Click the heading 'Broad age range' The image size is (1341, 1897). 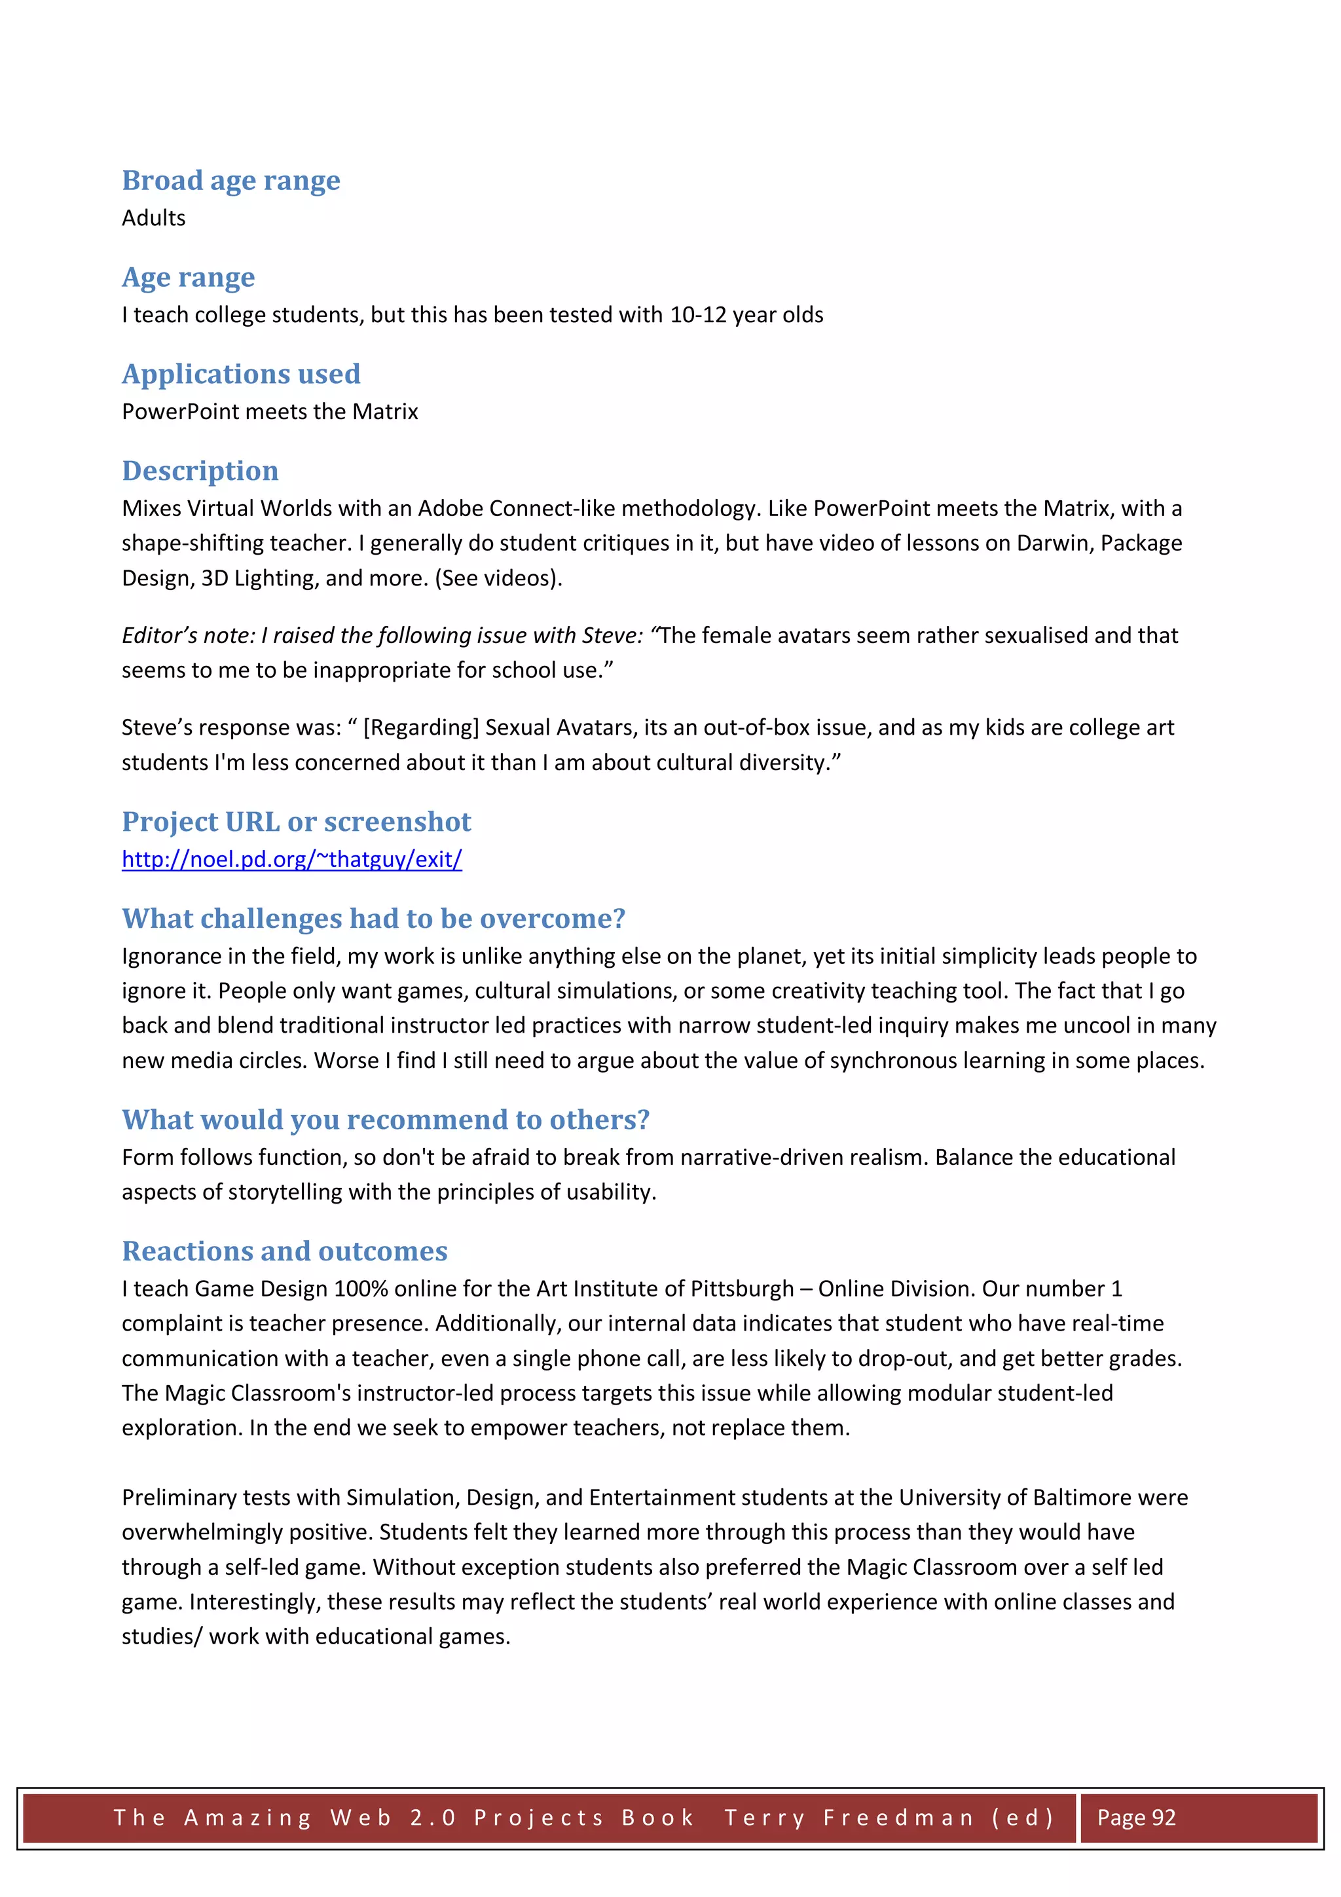click(230, 180)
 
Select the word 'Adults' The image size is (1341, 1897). click(154, 218)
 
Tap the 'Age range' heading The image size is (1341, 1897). click(189, 277)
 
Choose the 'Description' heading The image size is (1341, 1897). click(200, 470)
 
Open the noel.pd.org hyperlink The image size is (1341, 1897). click(291, 859)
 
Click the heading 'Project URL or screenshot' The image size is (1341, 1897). click(297, 821)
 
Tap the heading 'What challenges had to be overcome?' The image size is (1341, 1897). click(373, 918)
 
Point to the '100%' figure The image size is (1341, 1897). click(360, 1289)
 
